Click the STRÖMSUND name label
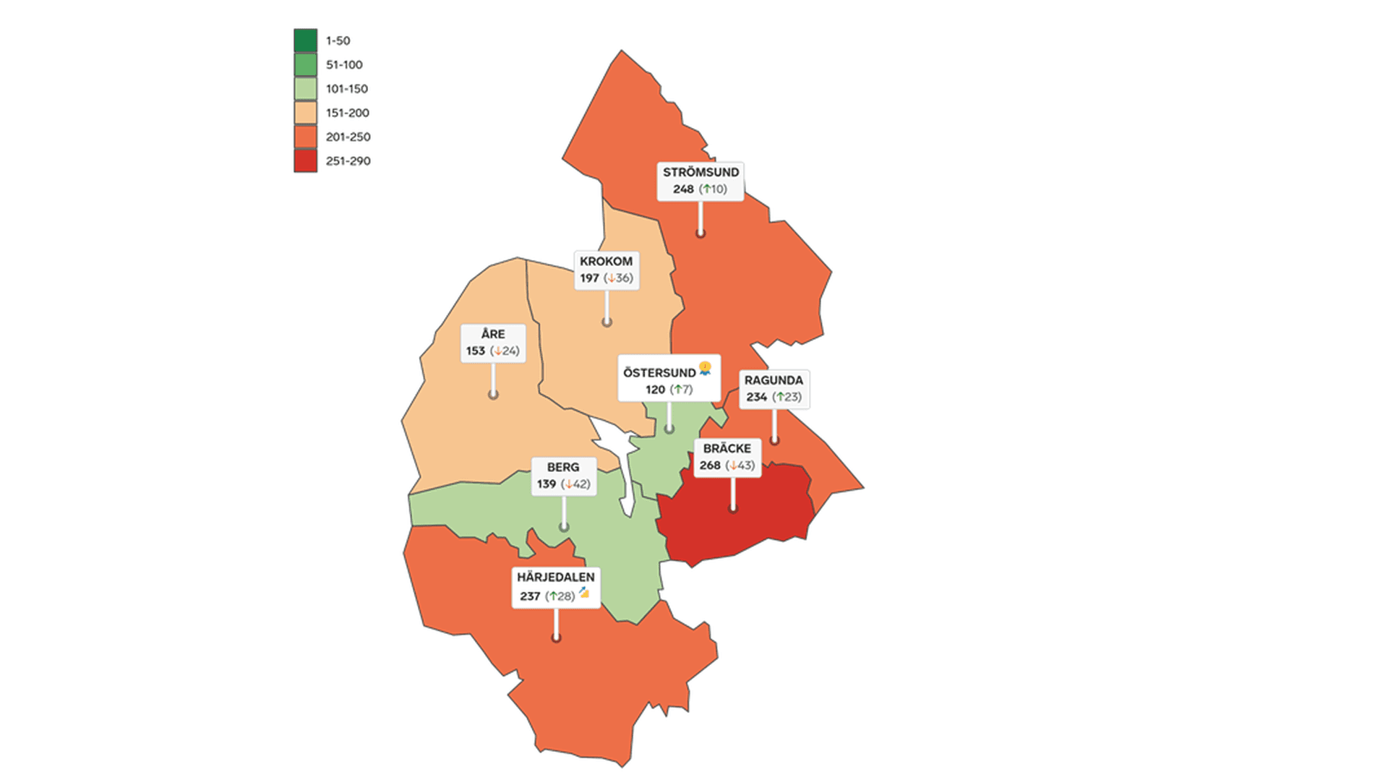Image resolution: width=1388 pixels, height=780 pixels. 701,172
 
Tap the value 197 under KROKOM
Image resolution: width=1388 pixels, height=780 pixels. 589,278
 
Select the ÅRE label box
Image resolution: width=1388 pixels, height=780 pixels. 493,343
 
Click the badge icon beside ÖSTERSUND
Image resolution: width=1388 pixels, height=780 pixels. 705,369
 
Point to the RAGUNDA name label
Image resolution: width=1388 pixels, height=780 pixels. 774,380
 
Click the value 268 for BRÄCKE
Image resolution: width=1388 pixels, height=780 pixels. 710,466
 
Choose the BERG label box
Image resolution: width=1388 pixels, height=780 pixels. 564,476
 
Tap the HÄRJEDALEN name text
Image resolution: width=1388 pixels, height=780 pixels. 555,577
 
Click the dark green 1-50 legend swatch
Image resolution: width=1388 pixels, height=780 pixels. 305,40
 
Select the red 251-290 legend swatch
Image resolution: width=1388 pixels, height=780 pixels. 305,160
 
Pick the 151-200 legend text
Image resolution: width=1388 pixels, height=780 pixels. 347,113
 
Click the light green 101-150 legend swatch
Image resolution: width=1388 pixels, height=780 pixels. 305,89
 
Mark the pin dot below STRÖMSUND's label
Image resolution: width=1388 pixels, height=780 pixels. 700,233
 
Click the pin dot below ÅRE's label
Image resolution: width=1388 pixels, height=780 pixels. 493,394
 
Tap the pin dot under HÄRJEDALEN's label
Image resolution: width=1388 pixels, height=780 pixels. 556,637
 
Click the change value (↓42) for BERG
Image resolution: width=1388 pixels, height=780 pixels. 576,484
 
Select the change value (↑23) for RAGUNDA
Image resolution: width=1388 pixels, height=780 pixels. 787,397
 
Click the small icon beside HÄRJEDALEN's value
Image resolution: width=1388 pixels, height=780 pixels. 584,593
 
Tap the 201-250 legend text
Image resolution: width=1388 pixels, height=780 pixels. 348,137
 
